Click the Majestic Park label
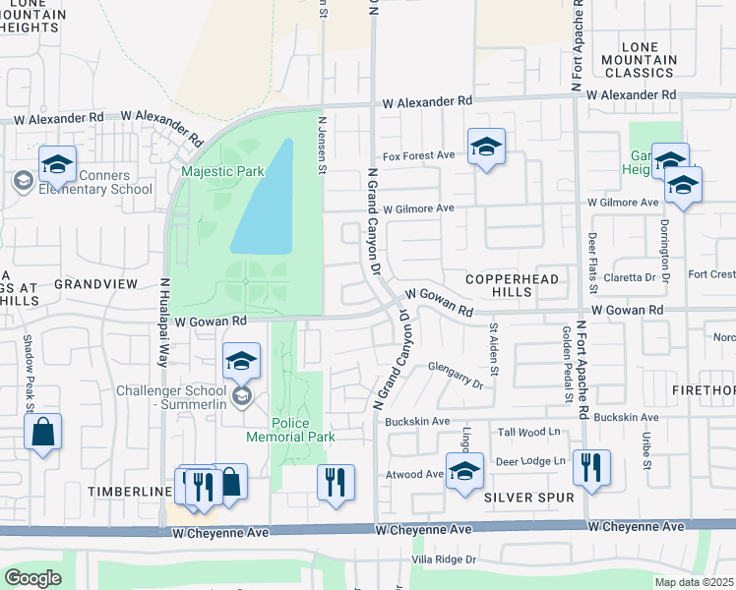(x=222, y=171)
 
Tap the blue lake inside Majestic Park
(x=263, y=202)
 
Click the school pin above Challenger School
(x=241, y=362)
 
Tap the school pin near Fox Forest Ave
(x=485, y=147)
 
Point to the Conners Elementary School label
(x=95, y=183)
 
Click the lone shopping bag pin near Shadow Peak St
(x=42, y=432)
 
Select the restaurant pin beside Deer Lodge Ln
(x=591, y=468)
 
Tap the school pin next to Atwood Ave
(x=464, y=471)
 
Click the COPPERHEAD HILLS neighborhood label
(x=512, y=286)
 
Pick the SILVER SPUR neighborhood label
(x=528, y=499)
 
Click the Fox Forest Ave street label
(x=418, y=155)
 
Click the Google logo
(x=33, y=578)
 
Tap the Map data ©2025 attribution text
(x=693, y=582)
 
